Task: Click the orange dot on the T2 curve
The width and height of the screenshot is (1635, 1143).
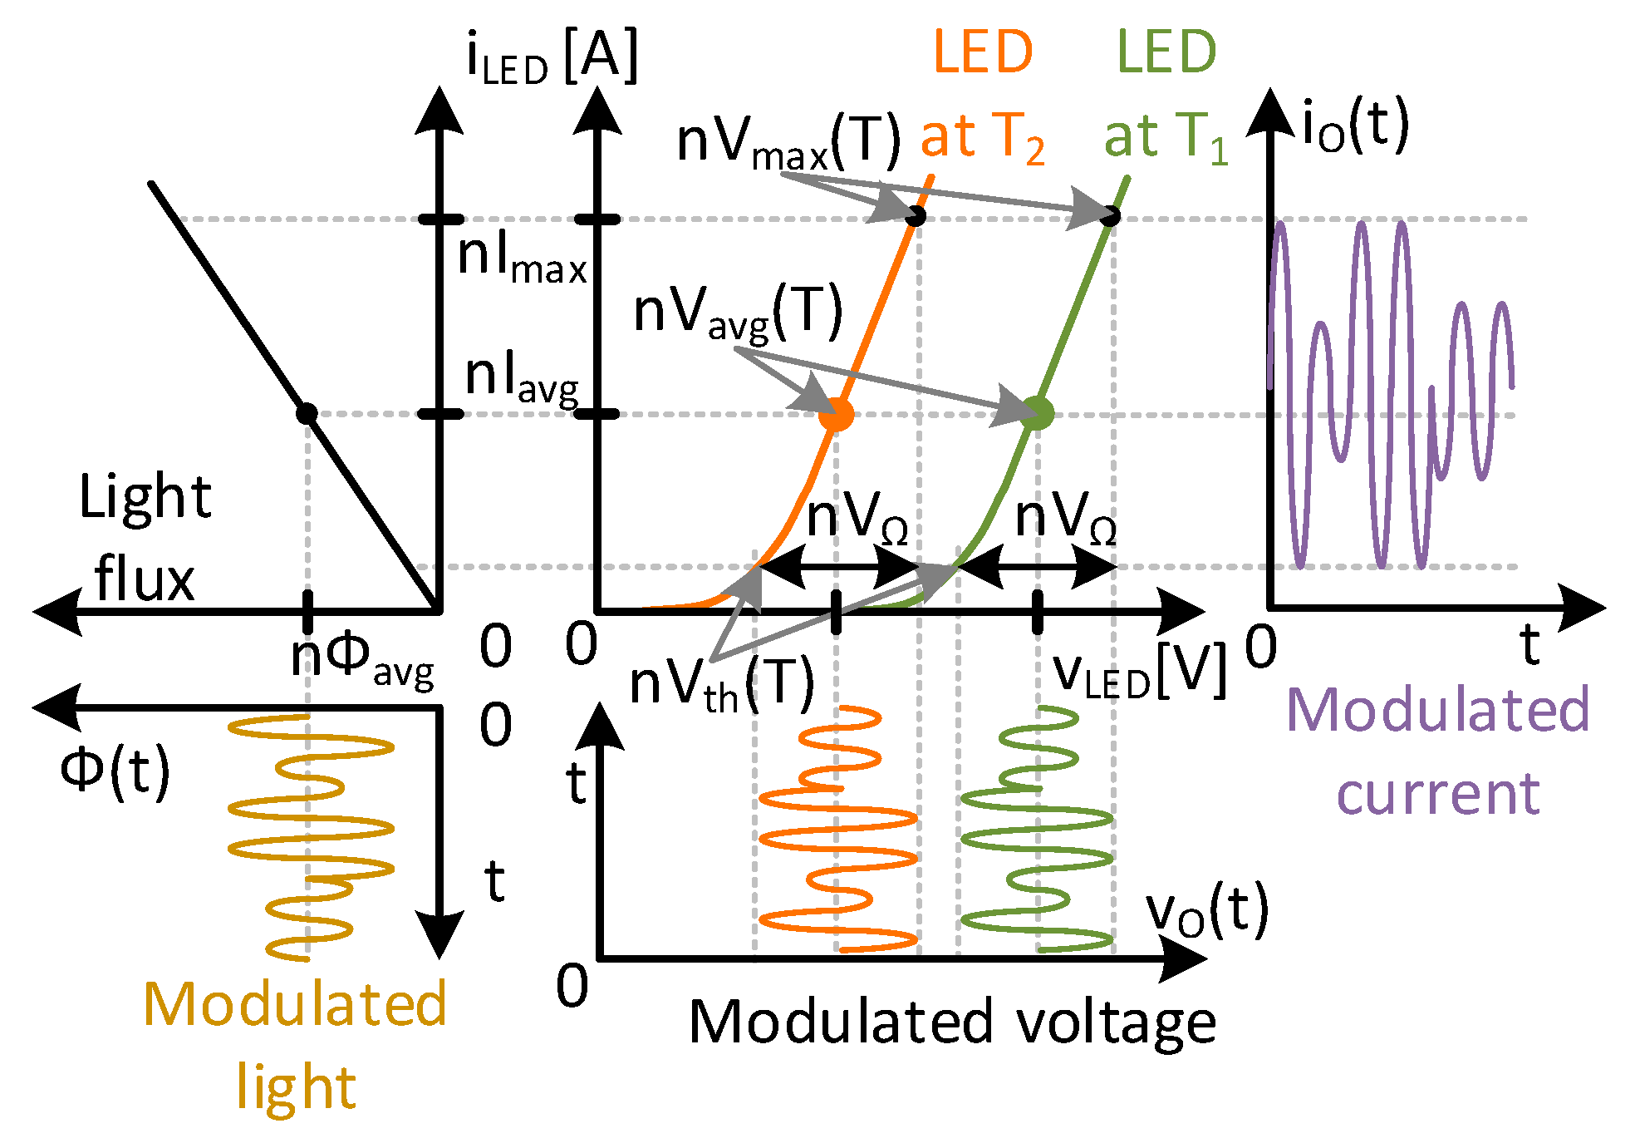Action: tap(836, 414)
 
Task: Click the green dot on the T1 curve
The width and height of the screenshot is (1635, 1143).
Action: tap(1037, 413)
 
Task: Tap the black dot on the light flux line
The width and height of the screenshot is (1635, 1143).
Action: tap(307, 413)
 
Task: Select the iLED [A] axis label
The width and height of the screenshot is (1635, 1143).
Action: tap(552, 57)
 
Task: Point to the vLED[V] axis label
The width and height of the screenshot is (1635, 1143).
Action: tap(1140, 672)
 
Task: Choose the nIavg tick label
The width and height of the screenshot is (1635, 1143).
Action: tap(522, 378)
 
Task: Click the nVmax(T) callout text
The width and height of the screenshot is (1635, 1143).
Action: tap(788, 141)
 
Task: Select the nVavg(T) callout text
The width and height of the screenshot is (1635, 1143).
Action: tap(738, 313)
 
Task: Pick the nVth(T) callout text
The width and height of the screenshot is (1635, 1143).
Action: tap(721, 687)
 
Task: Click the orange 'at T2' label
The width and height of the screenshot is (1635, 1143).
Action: tap(982, 137)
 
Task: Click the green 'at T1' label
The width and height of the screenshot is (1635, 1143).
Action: tap(1165, 137)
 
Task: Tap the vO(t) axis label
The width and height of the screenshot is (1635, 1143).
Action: tap(1207, 912)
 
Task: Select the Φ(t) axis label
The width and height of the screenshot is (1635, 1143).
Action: tap(115, 771)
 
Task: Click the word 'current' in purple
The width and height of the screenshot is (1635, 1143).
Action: tap(1438, 793)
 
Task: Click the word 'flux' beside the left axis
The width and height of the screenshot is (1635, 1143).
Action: tap(144, 579)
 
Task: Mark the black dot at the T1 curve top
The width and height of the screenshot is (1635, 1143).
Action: tap(1110, 216)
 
